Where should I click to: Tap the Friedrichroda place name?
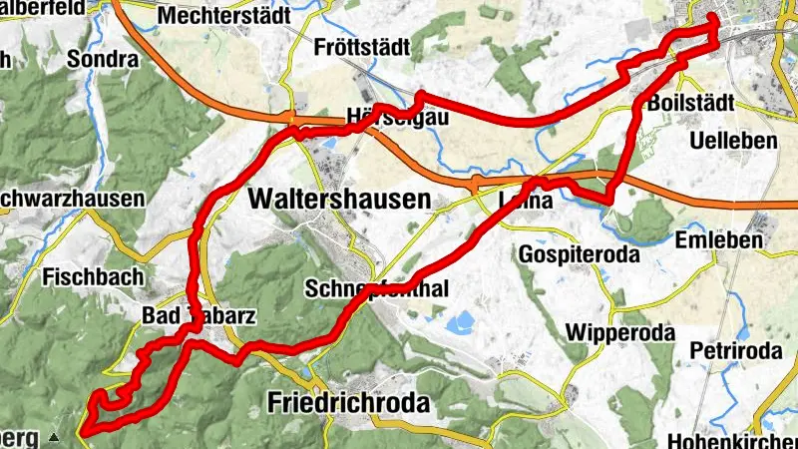pos(348,403)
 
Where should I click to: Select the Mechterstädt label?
pos(223,16)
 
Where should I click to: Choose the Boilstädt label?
pos(690,104)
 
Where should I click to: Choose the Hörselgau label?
pos(396,116)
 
